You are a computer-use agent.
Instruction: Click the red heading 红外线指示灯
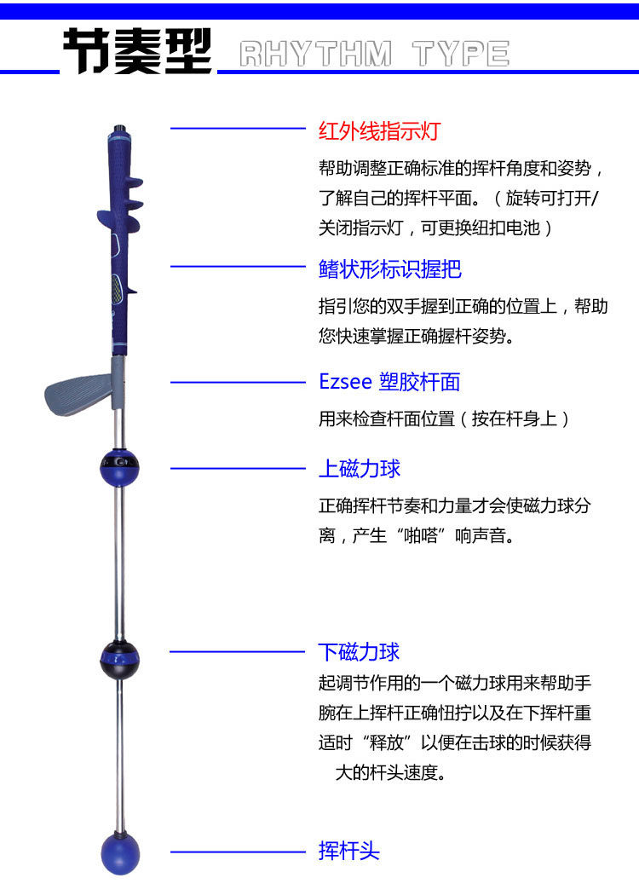tap(379, 131)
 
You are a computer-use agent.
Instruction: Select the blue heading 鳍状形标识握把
tap(389, 269)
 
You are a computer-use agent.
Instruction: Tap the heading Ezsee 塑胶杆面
tap(389, 382)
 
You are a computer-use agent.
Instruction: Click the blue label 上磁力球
tap(359, 468)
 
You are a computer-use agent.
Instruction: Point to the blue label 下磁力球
tap(359, 652)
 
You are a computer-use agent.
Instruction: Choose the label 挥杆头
tap(348, 851)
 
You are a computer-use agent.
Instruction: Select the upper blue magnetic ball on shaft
tap(119, 467)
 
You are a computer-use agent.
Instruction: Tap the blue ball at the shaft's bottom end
tap(119, 851)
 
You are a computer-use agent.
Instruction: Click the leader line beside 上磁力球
tap(238, 468)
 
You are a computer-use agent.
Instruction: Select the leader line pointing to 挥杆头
tap(238, 851)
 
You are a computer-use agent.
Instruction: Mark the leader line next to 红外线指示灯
tap(238, 129)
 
